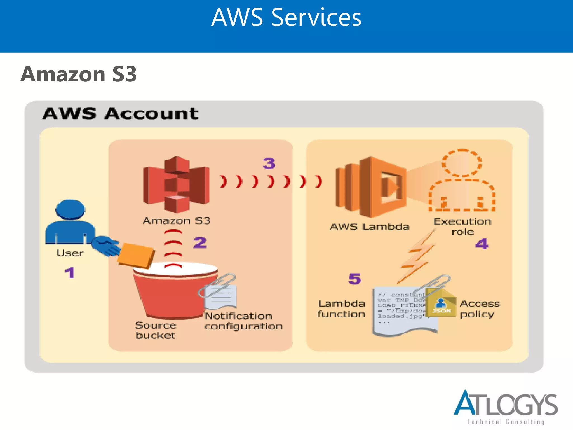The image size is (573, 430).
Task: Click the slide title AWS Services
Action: [286, 17]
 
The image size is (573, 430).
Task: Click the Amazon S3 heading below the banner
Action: [79, 74]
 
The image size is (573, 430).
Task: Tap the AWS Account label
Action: [120, 114]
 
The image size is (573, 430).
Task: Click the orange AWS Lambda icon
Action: [371, 187]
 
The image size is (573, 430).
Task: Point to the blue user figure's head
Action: [70, 209]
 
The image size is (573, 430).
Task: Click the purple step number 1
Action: [70, 272]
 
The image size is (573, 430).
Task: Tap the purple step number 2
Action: [200, 243]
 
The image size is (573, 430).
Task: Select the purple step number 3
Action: [269, 163]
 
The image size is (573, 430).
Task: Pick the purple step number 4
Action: [482, 244]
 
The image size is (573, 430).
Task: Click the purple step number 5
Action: [355, 279]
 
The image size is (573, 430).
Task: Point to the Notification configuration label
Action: [243, 321]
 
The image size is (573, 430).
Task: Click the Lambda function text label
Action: [341, 309]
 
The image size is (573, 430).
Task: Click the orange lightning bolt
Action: [417, 256]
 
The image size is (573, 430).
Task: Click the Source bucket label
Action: [156, 330]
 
